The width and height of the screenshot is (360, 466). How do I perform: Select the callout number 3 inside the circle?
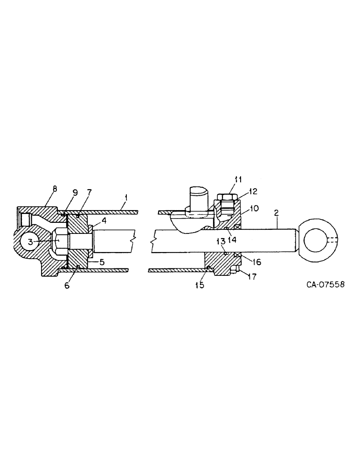click(x=29, y=242)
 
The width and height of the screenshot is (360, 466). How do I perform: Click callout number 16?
click(x=256, y=262)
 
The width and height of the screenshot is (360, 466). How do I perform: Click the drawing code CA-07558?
click(x=325, y=284)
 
